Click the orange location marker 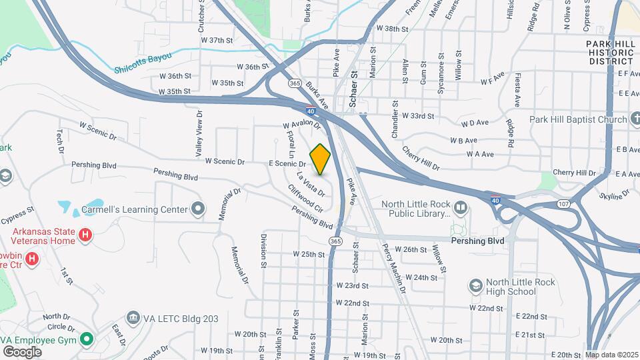321,159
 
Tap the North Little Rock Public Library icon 461,209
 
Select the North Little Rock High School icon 475,287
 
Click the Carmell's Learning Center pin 198,209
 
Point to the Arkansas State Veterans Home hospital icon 85,235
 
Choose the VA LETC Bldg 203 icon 133,319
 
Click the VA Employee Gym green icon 86,339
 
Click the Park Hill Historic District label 610,52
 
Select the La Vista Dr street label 311,185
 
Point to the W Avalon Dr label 301,125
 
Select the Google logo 22,351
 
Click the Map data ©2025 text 611,355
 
